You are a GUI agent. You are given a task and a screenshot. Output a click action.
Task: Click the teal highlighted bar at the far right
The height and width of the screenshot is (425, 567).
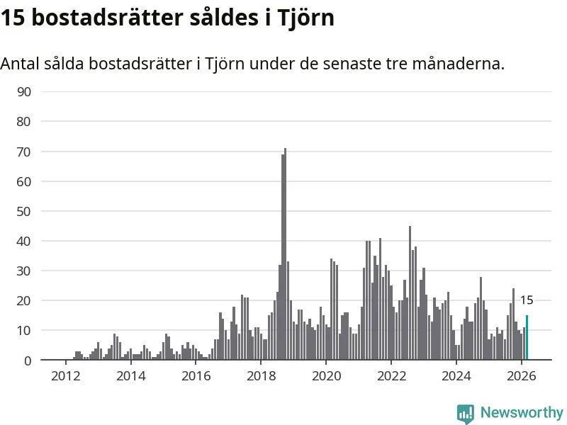[527, 338]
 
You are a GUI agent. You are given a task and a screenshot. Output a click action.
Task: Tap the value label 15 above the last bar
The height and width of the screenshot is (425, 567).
[527, 300]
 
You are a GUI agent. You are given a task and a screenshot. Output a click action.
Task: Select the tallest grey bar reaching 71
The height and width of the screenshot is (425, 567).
[285, 255]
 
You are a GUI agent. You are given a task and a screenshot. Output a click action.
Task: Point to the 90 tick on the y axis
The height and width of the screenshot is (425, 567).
[23, 91]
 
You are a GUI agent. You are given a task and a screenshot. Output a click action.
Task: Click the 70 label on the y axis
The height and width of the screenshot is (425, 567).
[23, 152]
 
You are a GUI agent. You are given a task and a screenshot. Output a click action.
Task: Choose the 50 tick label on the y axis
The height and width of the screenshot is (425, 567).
[23, 211]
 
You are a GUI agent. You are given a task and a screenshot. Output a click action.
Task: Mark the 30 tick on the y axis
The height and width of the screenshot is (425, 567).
[23, 271]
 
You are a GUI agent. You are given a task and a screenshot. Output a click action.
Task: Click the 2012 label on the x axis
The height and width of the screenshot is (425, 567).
[65, 375]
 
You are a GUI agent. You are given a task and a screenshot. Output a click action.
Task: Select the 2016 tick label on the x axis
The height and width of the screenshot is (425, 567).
[196, 375]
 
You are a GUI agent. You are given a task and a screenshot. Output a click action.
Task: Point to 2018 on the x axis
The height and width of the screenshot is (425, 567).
[261, 375]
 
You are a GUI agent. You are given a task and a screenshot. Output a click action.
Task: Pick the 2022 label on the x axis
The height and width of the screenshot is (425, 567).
[391, 375]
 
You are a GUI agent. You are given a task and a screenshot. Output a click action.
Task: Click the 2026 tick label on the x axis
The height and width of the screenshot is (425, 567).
[521, 375]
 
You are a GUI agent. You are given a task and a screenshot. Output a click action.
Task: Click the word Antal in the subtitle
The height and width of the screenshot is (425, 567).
[19, 64]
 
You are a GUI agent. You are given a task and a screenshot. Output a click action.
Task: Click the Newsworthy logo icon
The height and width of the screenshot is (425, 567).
[466, 414]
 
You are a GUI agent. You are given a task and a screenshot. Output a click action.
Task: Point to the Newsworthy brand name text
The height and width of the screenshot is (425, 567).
[522, 412]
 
